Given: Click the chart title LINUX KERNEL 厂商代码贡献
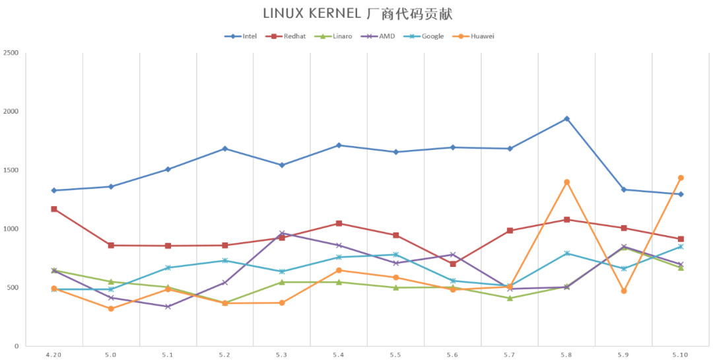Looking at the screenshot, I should point(357,13).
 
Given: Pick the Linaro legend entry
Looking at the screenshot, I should point(335,36).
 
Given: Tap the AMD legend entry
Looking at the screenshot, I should point(381,36).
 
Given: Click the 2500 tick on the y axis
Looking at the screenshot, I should point(11,53).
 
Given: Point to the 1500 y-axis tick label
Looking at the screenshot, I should point(11,170).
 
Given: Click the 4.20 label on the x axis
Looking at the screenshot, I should point(53,355).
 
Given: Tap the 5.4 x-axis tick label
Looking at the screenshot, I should point(339,355).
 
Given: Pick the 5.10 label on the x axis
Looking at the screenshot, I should point(681,355).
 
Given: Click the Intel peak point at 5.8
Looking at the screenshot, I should point(566,119).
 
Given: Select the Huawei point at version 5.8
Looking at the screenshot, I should point(566,182).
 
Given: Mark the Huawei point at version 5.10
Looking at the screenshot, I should point(681,178).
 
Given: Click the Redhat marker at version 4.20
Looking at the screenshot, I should point(54,209).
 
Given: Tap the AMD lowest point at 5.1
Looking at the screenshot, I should point(168,306).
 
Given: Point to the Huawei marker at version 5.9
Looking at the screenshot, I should point(623,291).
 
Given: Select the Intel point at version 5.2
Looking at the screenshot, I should point(224,149).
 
